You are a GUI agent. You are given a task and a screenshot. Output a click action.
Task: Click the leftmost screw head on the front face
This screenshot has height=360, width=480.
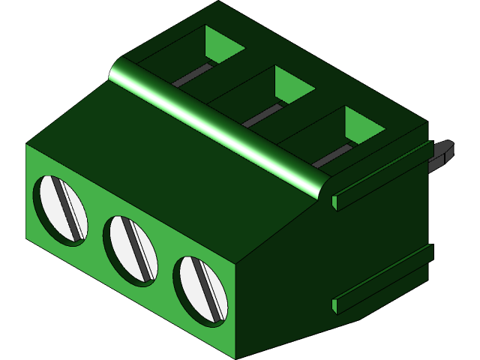(x=61, y=208)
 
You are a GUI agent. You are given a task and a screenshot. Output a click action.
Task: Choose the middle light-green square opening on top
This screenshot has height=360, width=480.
(x=293, y=83)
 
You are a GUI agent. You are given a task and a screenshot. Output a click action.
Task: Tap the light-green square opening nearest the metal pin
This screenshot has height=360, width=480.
(x=363, y=124)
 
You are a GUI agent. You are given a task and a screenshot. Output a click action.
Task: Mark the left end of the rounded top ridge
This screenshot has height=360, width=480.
(x=120, y=71)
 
